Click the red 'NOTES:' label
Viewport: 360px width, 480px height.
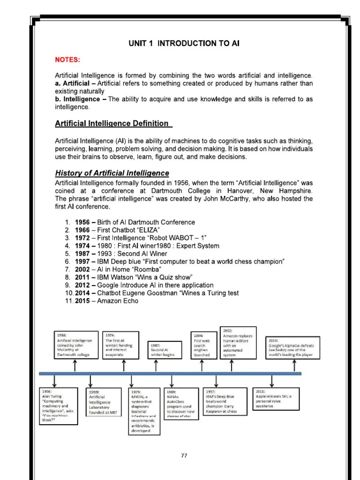[x=68, y=60]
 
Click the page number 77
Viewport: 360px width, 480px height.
[x=184, y=455]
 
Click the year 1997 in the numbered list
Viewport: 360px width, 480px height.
[x=83, y=261]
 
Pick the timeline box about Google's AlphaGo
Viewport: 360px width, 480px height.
[x=293, y=347]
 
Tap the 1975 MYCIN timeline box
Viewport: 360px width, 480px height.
[x=144, y=411]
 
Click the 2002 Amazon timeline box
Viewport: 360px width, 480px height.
[x=238, y=343]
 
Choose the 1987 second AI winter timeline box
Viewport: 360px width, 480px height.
[x=164, y=350]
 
